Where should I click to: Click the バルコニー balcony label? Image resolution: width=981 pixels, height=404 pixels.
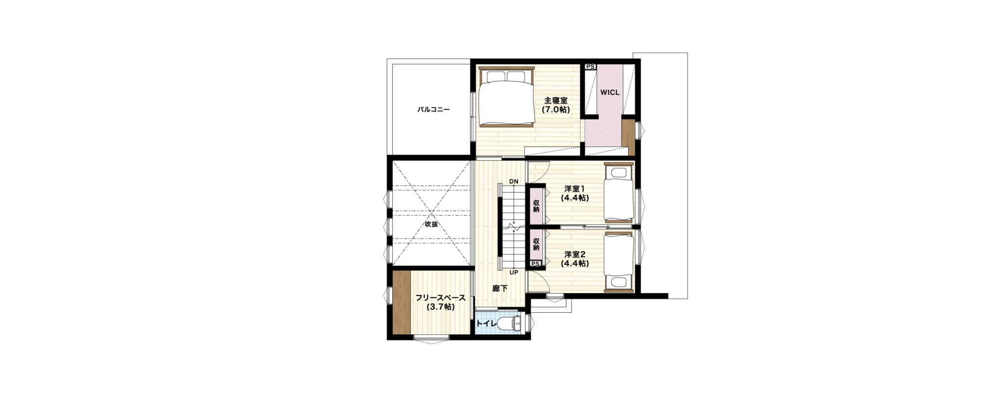(434, 109)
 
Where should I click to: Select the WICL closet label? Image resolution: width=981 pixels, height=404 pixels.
(610, 92)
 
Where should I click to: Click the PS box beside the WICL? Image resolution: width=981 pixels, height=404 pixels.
(591, 67)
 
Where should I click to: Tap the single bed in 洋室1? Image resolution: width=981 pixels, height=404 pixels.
(619, 193)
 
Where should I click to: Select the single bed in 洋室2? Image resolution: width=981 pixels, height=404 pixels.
(619, 262)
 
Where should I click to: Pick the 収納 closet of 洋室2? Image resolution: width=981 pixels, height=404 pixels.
(536, 244)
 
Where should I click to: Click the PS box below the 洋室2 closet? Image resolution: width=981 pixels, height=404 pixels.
(536, 264)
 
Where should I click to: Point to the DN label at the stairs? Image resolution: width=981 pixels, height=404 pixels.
(514, 182)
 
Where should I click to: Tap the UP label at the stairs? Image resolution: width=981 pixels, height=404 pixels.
(514, 272)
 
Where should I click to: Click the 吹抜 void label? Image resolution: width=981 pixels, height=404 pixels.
(431, 224)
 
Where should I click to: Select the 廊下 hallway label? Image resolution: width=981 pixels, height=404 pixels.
(500, 289)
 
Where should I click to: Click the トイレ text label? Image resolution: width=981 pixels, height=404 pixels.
(486, 323)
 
